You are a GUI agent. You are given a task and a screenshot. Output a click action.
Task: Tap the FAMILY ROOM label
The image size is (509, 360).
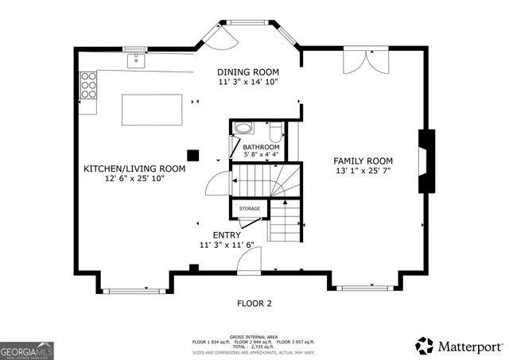coord(364,161)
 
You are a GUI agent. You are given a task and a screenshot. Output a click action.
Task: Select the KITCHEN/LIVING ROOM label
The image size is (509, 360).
coord(134,168)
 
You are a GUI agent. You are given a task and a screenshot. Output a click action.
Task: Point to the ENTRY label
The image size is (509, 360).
coord(226,235)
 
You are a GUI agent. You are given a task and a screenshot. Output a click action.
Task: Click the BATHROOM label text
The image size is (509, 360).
coord(261,147)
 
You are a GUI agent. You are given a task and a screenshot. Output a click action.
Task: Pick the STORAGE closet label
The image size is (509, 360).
coord(249,209)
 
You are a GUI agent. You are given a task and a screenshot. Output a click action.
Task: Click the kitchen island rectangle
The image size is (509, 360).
coord(150,109)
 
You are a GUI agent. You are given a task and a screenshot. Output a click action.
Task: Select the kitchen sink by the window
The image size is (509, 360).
coord(138,59)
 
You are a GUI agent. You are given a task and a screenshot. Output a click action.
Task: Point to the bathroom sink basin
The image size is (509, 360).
coord(242,128)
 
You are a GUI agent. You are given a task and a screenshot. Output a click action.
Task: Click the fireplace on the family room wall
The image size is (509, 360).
coord(427,161)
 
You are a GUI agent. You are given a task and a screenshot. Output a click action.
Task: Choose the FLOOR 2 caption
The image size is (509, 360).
coord(254,303)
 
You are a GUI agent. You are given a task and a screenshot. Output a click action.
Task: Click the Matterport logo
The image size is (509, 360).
coord(459,345)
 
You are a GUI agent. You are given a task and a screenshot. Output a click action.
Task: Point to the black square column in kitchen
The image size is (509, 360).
coord(192,156)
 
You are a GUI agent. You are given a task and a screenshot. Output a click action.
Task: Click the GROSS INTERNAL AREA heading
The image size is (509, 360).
coord(254,336)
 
